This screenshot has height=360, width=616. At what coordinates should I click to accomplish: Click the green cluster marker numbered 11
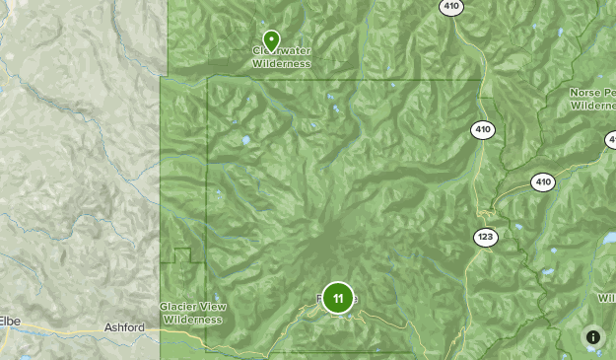click(338, 298)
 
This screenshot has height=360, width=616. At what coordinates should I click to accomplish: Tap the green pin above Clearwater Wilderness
click(271, 40)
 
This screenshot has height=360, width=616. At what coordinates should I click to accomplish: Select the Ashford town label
click(124, 327)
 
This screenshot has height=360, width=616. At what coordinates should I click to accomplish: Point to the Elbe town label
click(10, 321)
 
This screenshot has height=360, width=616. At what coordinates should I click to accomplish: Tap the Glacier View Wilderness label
click(194, 313)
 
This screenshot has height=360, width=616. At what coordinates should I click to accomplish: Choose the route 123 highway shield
click(485, 237)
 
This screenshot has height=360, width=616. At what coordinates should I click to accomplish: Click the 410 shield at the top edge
click(451, 6)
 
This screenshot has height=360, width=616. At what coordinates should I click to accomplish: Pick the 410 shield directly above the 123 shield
click(483, 129)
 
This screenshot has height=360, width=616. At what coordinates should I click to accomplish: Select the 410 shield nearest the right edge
click(543, 181)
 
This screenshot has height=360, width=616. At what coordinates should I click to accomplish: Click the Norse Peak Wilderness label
click(592, 98)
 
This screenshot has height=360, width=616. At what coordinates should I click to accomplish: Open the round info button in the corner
click(593, 336)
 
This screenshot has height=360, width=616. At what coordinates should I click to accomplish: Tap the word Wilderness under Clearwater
click(281, 63)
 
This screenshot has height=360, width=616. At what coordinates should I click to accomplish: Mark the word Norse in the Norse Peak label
click(584, 92)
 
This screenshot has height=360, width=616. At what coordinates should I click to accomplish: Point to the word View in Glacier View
click(213, 307)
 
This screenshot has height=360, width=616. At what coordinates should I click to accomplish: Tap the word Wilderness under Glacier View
click(194, 320)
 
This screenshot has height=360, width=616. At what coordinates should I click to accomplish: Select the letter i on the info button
click(593, 336)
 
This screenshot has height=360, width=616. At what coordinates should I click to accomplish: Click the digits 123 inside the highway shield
click(485, 237)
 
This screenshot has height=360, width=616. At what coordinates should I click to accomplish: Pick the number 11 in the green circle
click(338, 298)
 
